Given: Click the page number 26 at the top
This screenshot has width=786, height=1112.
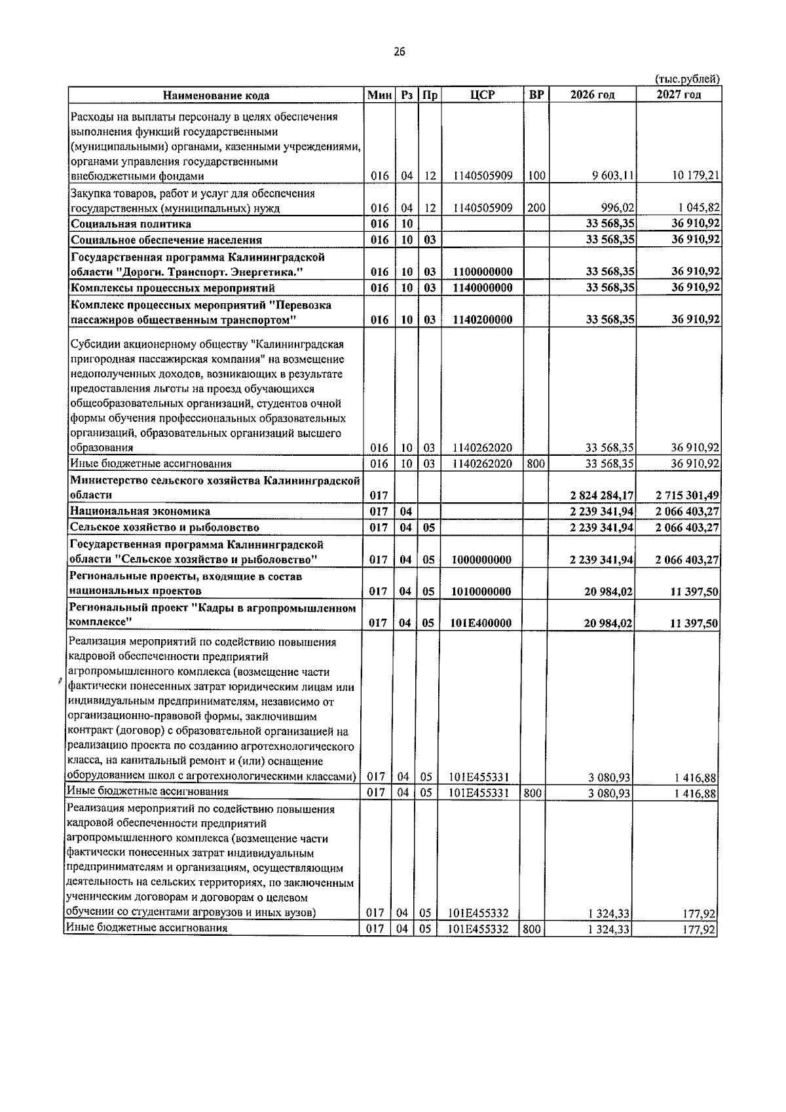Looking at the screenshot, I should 400,53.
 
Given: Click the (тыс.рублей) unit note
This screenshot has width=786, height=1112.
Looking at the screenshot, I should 687,79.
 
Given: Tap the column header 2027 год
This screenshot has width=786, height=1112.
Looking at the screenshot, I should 679,95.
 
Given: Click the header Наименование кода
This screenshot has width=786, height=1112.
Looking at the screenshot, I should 216,96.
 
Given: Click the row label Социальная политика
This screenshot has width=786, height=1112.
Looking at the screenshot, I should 131,224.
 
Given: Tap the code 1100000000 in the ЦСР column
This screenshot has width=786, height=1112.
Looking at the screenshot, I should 482,272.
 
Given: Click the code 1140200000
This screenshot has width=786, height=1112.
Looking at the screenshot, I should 482,320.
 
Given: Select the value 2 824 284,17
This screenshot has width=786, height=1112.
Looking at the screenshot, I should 601,496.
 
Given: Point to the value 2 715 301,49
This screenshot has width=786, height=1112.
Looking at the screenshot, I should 688,496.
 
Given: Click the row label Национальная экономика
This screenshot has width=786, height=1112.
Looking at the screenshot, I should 141,511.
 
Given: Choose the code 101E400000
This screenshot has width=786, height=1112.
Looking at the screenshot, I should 481,623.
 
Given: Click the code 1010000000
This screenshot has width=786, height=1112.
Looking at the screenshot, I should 481,591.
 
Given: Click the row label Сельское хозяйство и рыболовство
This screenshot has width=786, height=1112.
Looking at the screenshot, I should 165,527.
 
